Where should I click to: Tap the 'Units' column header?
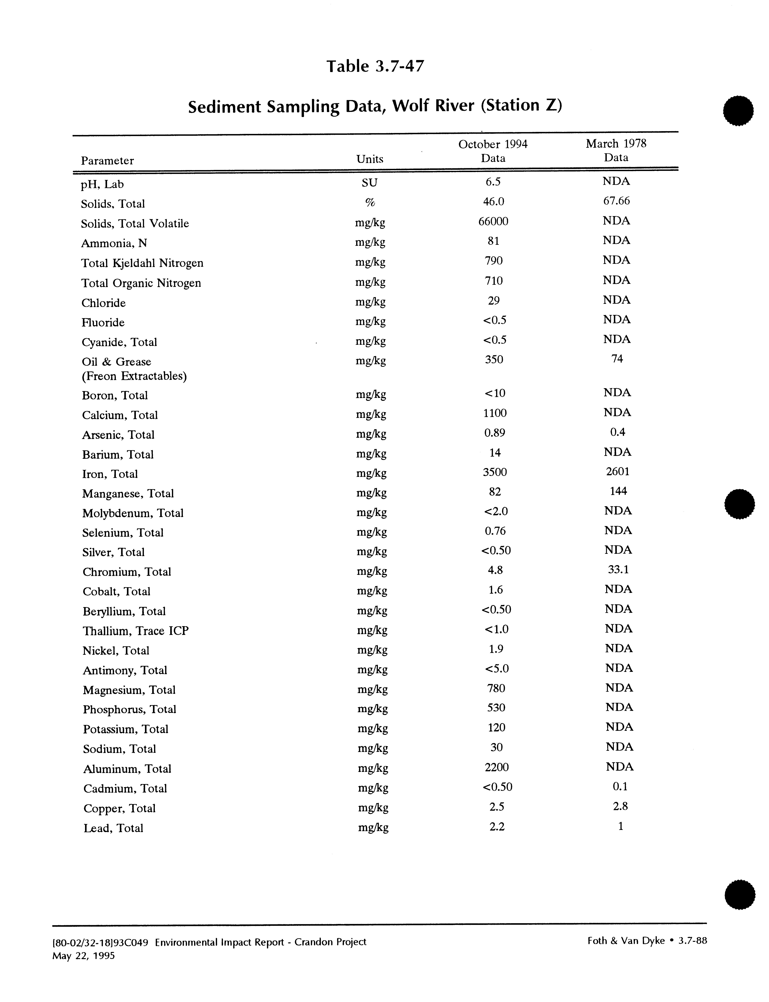[369, 159]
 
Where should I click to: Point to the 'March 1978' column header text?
[616, 144]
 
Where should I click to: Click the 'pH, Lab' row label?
[102, 184]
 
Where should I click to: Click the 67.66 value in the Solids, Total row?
[616, 201]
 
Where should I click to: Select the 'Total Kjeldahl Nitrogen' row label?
[142, 263]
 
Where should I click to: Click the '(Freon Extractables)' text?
[134, 376]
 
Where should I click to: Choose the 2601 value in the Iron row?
[617, 471]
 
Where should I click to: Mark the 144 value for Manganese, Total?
[618, 491]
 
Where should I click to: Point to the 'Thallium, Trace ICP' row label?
[136, 631]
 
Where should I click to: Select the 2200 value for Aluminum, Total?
[496, 767]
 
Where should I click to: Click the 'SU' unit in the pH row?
[369, 183]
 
